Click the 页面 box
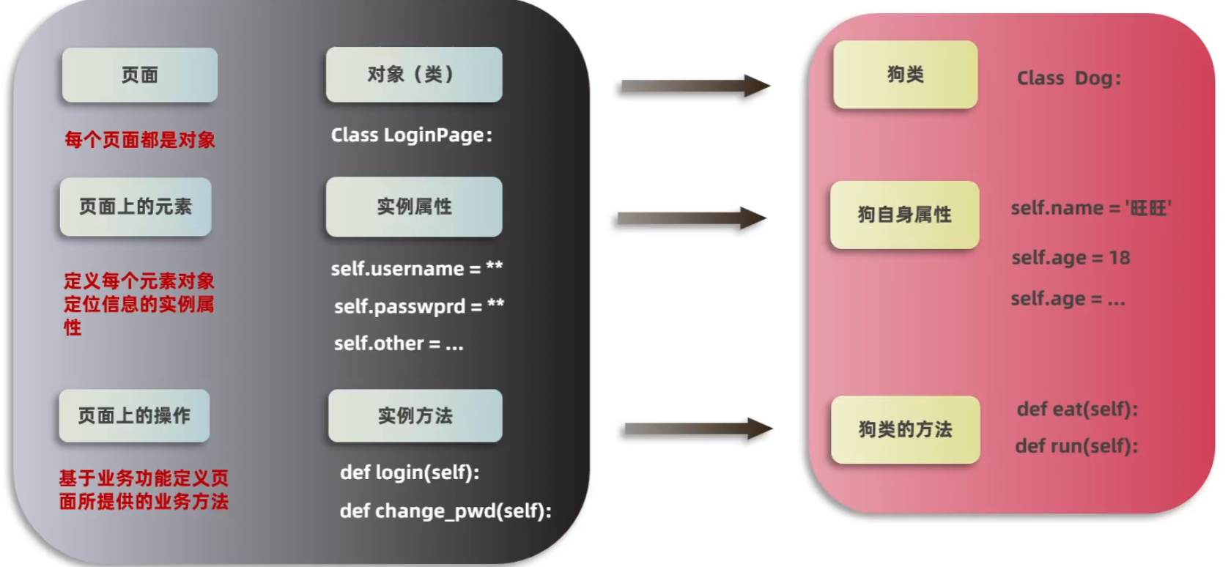tap(139, 75)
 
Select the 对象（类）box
tap(413, 75)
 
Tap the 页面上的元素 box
tap(136, 207)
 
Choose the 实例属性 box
tap(413, 207)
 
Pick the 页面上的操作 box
tap(134, 415)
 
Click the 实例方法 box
tap(415, 415)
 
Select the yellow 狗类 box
tap(905, 75)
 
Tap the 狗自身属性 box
tap(904, 215)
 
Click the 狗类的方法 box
tap(905, 429)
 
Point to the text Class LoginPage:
tap(411, 136)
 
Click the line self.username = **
tap(416, 269)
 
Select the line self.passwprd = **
tap(418, 306)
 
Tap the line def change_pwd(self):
tap(446, 511)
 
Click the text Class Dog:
tap(1068, 78)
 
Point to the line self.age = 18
tap(1070, 258)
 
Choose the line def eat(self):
tap(1076, 409)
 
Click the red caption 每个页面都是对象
tap(140, 140)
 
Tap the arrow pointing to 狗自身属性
tap(692, 218)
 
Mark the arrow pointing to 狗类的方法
tap(697, 429)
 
